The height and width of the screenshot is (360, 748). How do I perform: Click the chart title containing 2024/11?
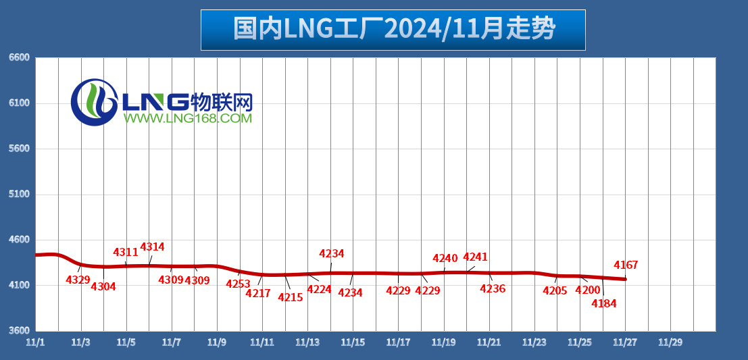point(393,30)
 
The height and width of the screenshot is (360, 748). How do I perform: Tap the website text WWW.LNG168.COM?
point(187,119)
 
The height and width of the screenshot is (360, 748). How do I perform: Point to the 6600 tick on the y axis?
point(19,58)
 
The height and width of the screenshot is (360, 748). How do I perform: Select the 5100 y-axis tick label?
point(19,195)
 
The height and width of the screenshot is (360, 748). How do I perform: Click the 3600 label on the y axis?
point(19,331)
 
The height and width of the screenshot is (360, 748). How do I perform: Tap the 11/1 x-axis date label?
point(35,342)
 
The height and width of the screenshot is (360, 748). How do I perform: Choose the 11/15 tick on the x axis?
point(353,342)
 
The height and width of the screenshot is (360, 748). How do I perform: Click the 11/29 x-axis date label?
point(670,342)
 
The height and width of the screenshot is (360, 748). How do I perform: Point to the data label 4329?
point(78,280)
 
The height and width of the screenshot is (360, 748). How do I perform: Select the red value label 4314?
point(152,247)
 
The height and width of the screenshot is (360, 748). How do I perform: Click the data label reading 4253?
point(238,284)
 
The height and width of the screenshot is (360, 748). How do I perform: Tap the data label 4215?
point(291,297)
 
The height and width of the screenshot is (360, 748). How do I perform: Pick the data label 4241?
point(475,257)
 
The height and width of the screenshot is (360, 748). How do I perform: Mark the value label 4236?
point(493,289)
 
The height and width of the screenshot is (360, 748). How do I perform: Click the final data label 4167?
point(626,265)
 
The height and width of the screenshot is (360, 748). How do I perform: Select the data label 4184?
point(603,304)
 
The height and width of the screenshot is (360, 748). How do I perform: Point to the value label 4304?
point(103,286)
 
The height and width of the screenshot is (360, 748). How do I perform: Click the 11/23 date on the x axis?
point(534,342)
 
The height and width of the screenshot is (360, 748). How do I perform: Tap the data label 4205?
point(555,291)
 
